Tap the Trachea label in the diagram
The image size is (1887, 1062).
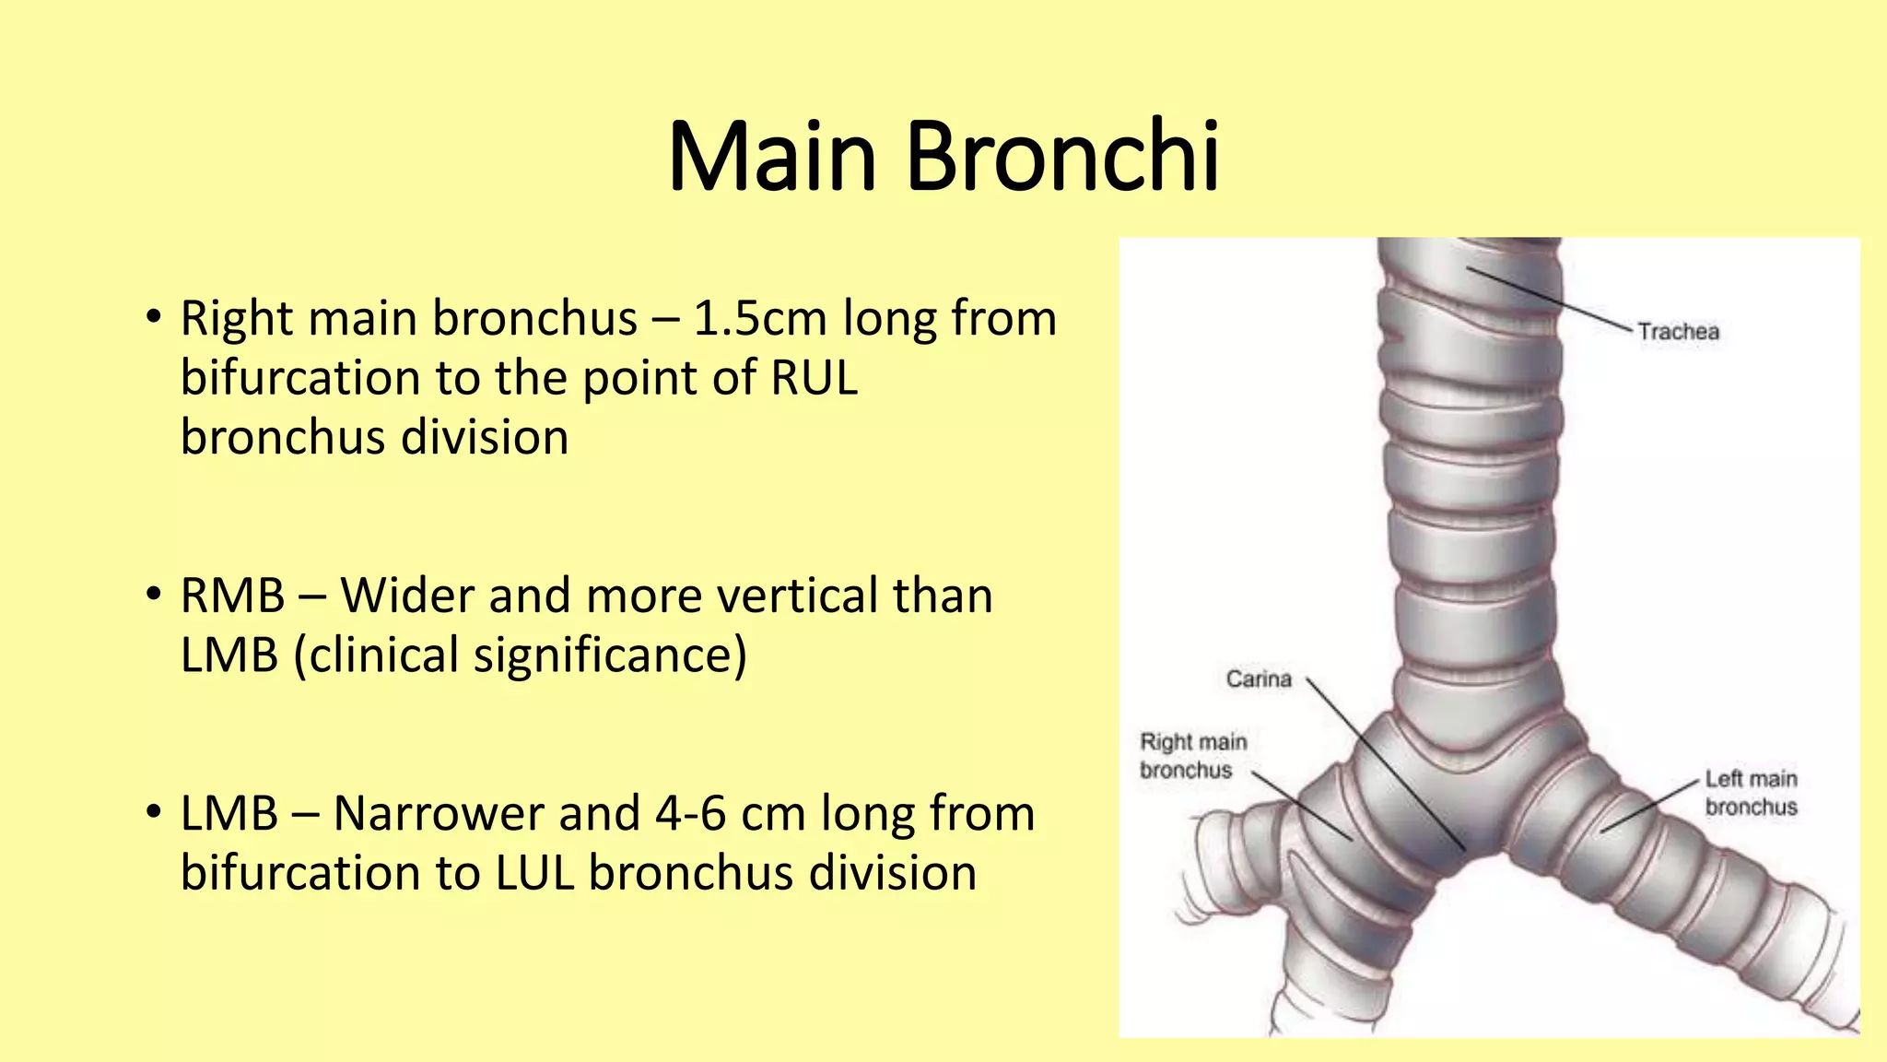1678,332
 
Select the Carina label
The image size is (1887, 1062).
1259,679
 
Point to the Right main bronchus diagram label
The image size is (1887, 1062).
1193,756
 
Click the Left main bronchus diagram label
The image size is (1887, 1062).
1751,793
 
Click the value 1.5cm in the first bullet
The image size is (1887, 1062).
758,319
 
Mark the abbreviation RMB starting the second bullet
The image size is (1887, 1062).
232,596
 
